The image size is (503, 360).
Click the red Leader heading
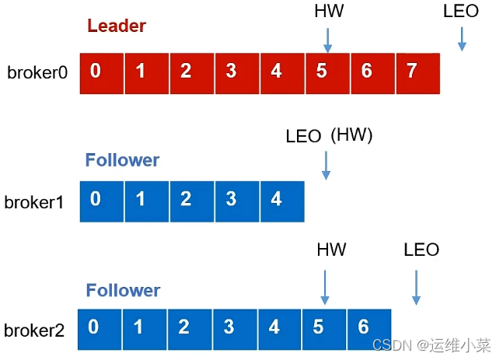point(117,26)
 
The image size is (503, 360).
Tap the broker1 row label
point(34,202)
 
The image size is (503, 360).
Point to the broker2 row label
point(35,330)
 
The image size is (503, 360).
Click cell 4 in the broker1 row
point(277,200)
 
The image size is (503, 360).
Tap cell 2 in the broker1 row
point(186,200)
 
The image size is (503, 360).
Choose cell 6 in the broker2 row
point(363,327)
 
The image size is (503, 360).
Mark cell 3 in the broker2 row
point(229,327)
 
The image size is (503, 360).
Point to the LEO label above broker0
point(460,11)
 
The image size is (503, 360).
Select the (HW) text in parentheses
point(351,135)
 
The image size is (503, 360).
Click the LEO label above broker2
point(421,250)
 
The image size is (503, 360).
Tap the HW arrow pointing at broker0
point(327,39)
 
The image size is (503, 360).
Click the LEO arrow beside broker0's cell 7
point(462,39)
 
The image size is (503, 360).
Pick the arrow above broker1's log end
point(326,165)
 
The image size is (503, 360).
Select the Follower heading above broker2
point(123,291)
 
